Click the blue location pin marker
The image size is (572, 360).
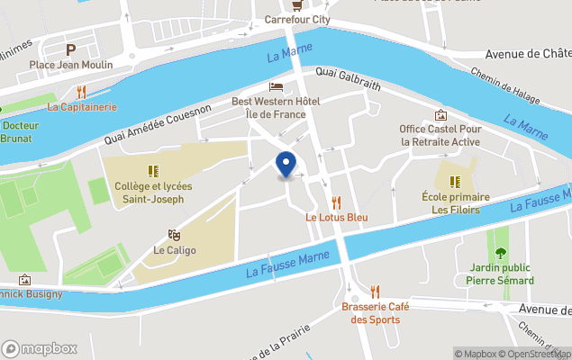tap(286, 165)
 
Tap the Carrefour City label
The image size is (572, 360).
tap(298, 20)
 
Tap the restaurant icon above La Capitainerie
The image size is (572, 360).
tap(82, 92)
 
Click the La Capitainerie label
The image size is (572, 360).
tap(82, 107)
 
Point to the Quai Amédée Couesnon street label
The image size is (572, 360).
tap(158, 123)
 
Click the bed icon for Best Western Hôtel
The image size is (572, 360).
tap(276, 86)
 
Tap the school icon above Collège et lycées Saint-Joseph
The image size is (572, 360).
tap(153, 170)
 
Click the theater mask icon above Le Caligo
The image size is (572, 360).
tap(174, 234)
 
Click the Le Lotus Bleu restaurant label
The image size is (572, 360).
tap(336, 218)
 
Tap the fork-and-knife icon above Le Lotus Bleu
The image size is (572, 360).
tap(336, 202)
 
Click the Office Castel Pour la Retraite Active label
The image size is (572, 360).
tap(440, 135)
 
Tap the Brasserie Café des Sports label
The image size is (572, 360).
tap(375, 313)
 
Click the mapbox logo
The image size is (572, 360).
tap(40, 348)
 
